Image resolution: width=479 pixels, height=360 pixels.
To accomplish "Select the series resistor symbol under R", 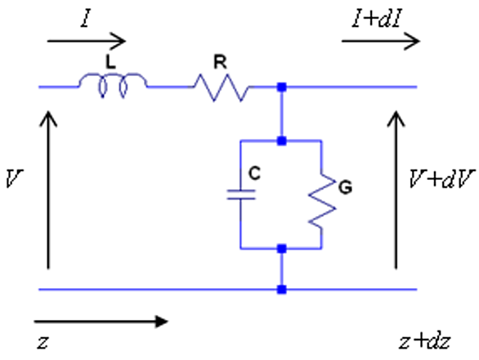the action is [x=222, y=88].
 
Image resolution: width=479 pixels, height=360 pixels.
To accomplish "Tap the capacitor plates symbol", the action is [x=241, y=195].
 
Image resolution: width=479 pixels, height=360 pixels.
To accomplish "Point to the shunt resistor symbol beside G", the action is [x=322, y=201].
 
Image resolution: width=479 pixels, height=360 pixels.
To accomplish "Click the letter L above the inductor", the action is [x=110, y=62].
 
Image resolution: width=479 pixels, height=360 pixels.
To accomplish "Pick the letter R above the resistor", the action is [x=220, y=62].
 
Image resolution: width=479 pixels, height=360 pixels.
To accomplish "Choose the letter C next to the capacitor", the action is [x=254, y=173].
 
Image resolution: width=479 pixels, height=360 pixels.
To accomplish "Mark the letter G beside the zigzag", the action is [x=346, y=187].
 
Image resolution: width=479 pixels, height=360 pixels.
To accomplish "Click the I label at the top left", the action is [x=86, y=19].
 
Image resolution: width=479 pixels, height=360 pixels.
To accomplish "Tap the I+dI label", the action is [x=376, y=19].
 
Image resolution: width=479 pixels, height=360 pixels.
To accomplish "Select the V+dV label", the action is [x=441, y=178].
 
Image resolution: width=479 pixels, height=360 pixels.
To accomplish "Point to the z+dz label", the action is [x=424, y=341].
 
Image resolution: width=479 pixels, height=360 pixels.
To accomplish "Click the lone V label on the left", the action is [x=14, y=178].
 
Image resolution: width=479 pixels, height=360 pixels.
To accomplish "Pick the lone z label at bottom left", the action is [x=43, y=342].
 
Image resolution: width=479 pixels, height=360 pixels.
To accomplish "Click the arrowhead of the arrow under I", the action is [x=119, y=41].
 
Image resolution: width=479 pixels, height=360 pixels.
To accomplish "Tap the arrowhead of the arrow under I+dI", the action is [x=413, y=41].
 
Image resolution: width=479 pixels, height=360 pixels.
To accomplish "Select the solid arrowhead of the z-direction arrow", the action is [x=161, y=322].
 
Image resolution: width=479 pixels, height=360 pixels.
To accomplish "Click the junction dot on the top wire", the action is [x=282, y=88].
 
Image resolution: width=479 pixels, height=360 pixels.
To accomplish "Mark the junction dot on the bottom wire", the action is [x=282, y=290].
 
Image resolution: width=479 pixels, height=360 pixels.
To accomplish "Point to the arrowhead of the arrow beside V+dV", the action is [x=396, y=118].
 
